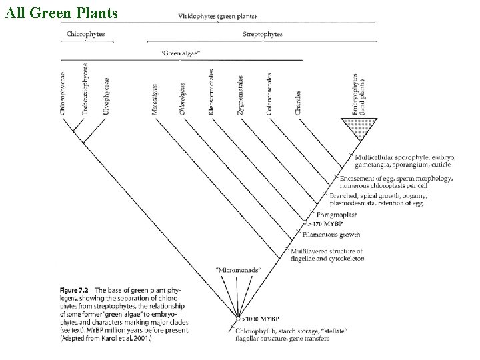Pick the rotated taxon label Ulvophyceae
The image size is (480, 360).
[x=107, y=97]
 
